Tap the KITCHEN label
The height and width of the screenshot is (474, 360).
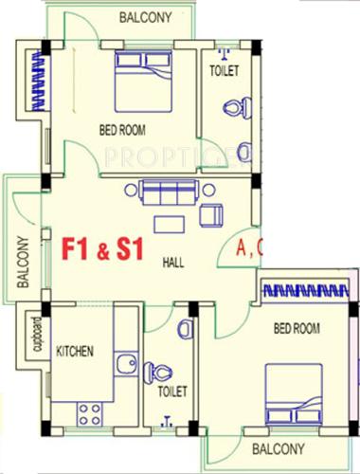coord(75,352)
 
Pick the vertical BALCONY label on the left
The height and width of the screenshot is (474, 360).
coord(22,261)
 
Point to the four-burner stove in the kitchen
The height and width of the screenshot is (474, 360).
coord(90,412)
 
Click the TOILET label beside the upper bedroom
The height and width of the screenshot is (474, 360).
coord(225,71)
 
